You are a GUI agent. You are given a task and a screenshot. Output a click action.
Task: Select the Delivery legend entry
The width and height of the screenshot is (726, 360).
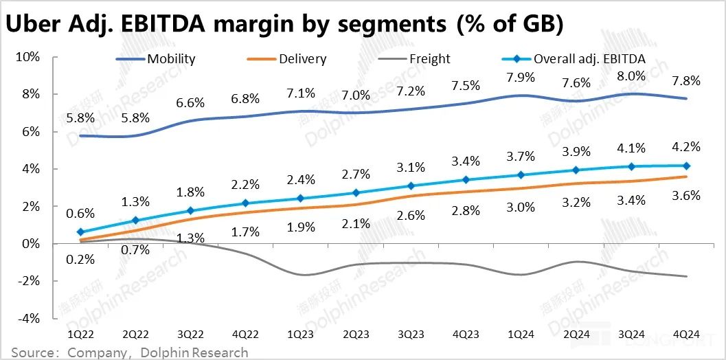coord(302,58)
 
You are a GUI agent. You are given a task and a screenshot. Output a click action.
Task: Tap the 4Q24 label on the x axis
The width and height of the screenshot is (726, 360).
coord(686,335)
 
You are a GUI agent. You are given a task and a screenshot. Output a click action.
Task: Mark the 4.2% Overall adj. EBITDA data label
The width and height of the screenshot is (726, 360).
coord(686,146)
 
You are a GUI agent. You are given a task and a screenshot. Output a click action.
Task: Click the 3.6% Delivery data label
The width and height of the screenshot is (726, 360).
coord(686,196)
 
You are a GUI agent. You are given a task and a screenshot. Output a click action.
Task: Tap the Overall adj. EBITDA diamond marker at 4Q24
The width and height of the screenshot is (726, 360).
coord(686,166)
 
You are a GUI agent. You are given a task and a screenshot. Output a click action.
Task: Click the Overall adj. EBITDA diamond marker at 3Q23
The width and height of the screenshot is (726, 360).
coord(410,185)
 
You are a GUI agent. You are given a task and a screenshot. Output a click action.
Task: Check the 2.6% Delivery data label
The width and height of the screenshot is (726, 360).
coord(410,215)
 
